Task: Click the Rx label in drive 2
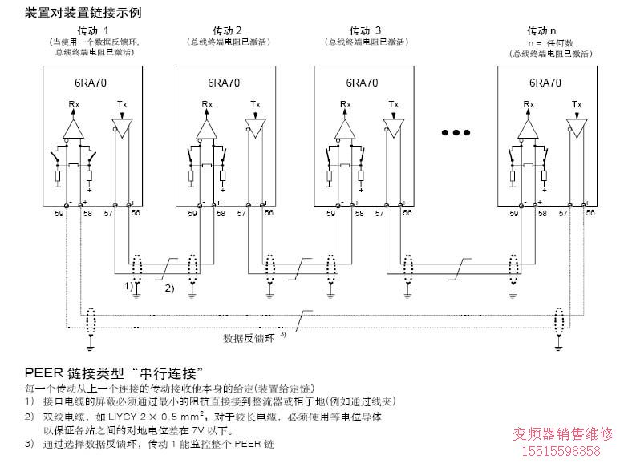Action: (x=208, y=104)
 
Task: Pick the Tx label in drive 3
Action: (x=393, y=104)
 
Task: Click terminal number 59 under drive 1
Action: (x=58, y=215)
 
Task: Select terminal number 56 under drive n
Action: (x=590, y=215)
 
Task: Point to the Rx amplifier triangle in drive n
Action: (x=529, y=128)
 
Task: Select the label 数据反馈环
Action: (x=249, y=337)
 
